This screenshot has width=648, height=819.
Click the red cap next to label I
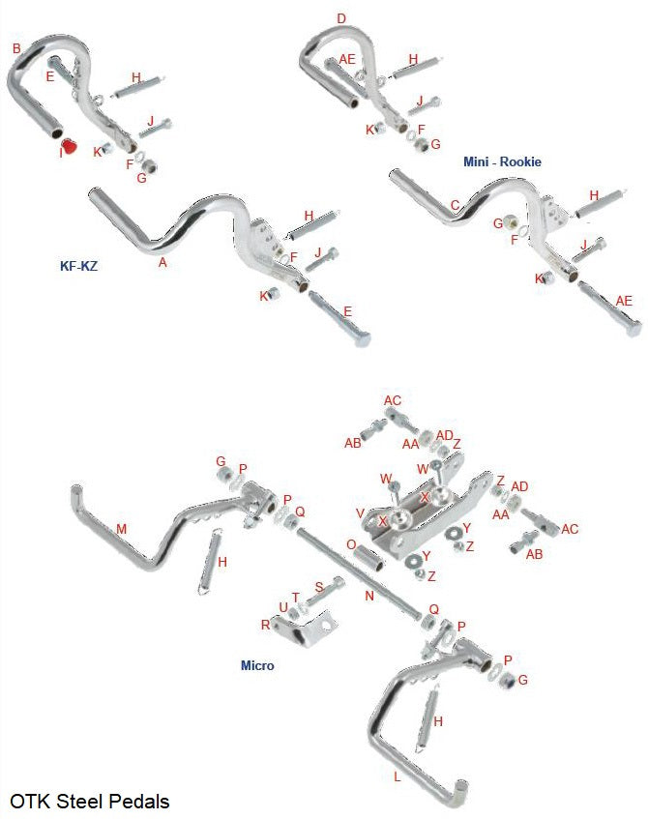pos(69,148)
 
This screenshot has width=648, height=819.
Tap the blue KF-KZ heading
pos(77,264)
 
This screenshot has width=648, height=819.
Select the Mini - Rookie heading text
pos(502,161)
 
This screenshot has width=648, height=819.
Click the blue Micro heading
pos(257,665)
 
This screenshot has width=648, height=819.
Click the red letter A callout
pos(162,261)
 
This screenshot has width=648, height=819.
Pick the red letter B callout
pos(16,47)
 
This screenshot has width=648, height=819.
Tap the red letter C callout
pos(455,205)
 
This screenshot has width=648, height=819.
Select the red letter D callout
pos(340,18)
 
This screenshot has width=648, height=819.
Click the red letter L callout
pos(397,776)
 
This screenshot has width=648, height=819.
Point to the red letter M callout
pos(121,529)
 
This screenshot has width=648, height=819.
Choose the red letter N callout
pos(368,597)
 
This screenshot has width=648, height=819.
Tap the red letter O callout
pos(350,544)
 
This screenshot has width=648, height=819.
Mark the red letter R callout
pos(265,625)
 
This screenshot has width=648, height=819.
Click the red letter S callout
pos(318,588)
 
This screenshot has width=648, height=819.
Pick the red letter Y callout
pos(467,528)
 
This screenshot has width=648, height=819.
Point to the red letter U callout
pos(282,607)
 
